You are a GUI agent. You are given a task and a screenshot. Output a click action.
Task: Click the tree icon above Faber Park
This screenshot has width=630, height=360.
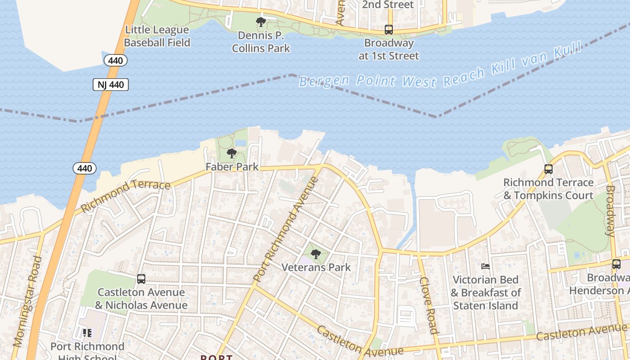232,153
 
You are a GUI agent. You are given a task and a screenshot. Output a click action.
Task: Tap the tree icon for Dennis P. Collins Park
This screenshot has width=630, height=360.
261,22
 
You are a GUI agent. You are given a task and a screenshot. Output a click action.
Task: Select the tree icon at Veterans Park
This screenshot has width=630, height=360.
316,254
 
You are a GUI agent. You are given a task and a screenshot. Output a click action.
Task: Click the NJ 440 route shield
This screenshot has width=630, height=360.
111,85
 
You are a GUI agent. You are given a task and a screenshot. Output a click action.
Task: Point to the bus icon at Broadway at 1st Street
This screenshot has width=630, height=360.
388,30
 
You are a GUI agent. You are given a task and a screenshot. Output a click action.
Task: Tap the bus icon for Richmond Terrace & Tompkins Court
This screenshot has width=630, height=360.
548,169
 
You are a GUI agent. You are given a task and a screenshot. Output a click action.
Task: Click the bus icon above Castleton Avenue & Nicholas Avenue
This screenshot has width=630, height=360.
141,279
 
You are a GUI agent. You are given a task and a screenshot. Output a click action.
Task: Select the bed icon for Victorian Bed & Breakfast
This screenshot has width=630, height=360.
486,266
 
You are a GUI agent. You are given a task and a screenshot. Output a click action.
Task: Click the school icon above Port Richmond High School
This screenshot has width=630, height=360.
87,333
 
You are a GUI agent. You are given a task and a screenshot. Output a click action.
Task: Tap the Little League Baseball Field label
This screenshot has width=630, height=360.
157,36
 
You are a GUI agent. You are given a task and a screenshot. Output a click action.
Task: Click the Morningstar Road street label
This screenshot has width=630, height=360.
28,301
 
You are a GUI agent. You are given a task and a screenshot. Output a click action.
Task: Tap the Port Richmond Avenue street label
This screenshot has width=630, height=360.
286,229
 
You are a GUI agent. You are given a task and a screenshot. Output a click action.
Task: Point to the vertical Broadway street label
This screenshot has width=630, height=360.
610,211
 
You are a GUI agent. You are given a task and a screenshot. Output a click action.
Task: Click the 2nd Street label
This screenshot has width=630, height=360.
388,5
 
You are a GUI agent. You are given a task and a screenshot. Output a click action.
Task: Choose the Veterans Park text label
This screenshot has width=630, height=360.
316,267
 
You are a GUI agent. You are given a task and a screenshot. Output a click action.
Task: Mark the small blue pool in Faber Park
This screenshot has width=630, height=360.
241,143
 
